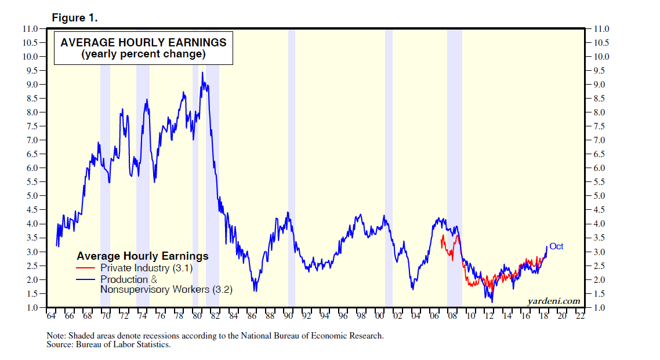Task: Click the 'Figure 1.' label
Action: [x=75, y=17]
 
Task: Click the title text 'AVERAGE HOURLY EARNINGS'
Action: [x=143, y=42]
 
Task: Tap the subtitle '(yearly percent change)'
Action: [x=143, y=55]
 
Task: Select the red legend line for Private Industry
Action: [x=87, y=268]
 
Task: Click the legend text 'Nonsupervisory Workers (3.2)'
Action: [x=166, y=289]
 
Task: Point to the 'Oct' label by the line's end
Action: [x=556, y=246]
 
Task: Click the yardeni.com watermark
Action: [x=554, y=300]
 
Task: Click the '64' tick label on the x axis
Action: [x=51, y=317]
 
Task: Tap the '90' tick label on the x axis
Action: [x=288, y=317]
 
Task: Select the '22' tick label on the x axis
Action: [x=580, y=317]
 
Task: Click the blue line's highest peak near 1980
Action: [x=202, y=72]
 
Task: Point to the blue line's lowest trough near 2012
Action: [x=492, y=301]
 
